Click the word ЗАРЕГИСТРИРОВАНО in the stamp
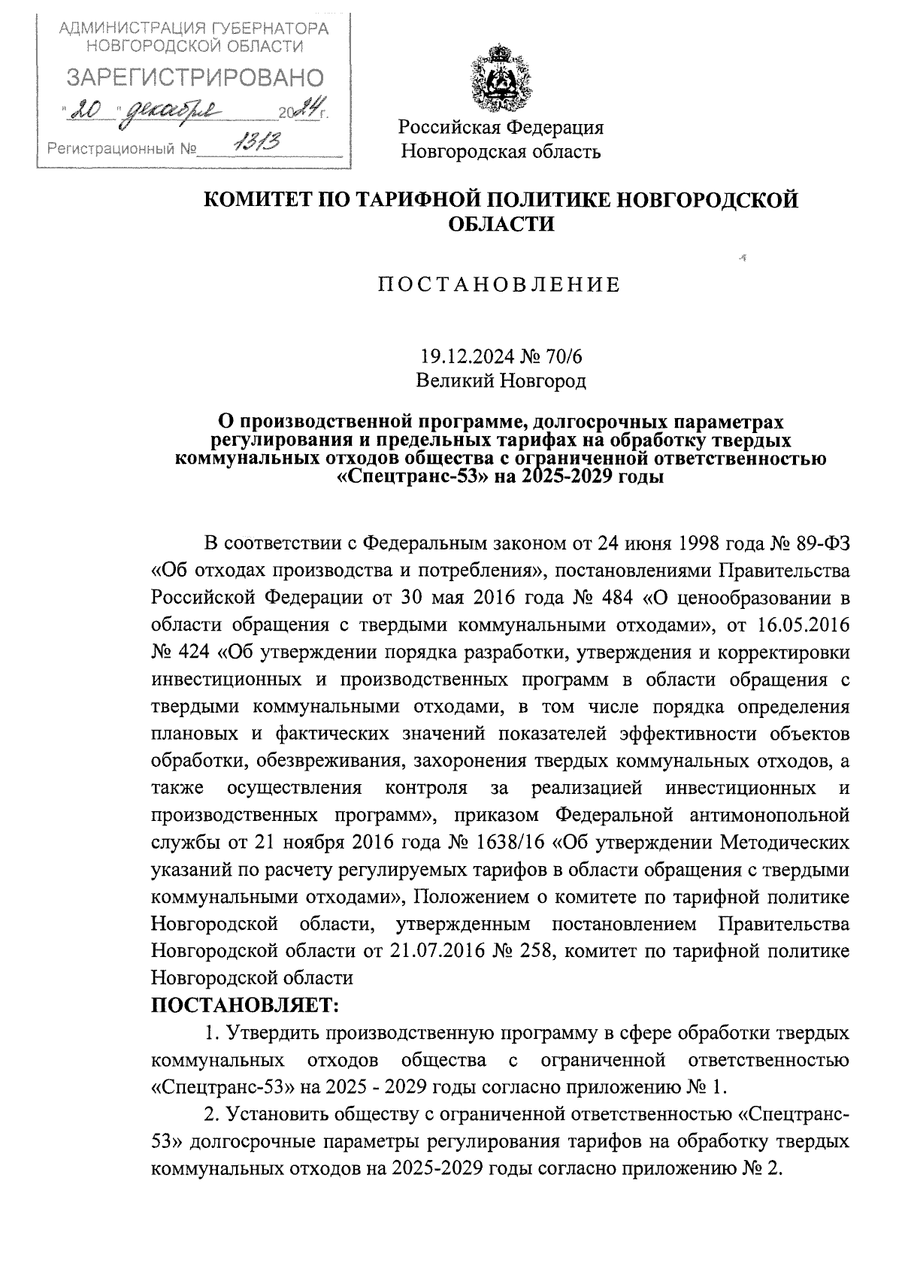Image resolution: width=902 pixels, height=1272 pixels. [195, 77]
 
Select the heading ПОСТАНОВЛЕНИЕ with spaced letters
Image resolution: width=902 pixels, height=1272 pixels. [499, 284]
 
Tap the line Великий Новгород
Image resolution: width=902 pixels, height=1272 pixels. [501, 381]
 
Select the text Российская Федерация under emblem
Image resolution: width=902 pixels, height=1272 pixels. [501, 126]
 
